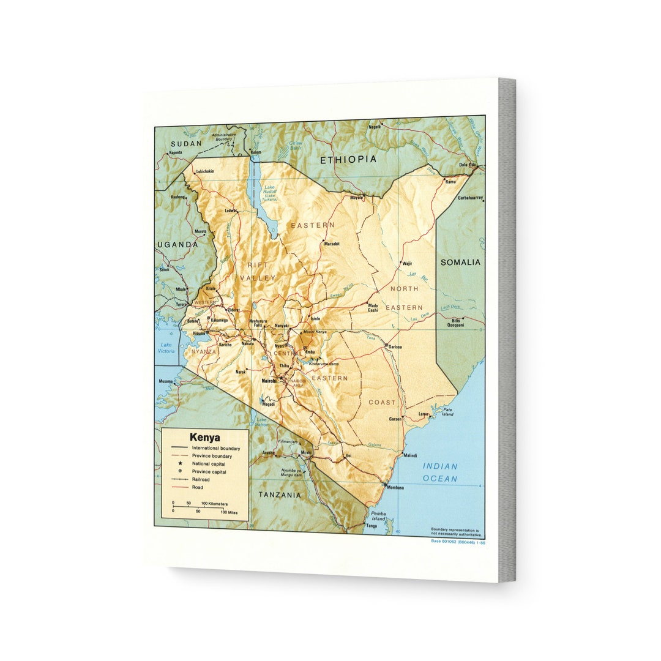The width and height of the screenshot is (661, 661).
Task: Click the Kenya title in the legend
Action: (x=204, y=438)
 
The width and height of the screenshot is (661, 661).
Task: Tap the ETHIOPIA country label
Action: (x=348, y=159)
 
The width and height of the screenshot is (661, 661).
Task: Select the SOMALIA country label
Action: (x=460, y=262)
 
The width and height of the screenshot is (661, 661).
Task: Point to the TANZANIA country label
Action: (x=279, y=495)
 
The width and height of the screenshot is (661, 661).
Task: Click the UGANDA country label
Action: (x=177, y=244)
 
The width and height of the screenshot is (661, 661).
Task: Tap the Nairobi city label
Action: (x=269, y=381)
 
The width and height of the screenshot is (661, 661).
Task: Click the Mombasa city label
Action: (x=395, y=488)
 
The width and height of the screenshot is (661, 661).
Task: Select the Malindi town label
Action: (x=410, y=455)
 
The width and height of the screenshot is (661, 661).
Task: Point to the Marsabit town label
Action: (x=331, y=244)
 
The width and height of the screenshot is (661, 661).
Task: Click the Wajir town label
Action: (x=407, y=264)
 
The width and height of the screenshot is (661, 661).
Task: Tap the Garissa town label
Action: (x=395, y=346)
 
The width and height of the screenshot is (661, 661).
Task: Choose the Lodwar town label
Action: (x=231, y=211)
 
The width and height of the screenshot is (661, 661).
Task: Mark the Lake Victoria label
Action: (x=166, y=348)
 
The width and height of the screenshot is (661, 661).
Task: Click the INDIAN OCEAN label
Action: (x=439, y=472)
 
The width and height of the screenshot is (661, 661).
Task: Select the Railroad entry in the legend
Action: (x=201, y=480)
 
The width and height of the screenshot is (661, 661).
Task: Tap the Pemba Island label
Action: (x=379, y=515)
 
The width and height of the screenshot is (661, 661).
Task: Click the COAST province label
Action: (x=382, y=402)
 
